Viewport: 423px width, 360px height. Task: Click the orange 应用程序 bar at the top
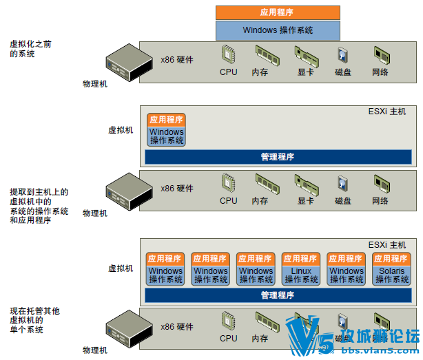[278, 12]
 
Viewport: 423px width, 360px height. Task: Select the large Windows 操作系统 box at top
[278, 30]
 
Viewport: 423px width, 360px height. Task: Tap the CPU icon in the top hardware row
[229, 54]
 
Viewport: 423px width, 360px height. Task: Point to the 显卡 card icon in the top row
[305, 54]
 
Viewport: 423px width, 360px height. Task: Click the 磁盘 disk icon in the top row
[343, 56]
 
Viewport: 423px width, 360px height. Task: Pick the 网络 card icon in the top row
[381, 55]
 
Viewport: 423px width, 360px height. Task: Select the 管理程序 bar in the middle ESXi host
[278, 157]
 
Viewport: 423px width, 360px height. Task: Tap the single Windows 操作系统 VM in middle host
[167, 136]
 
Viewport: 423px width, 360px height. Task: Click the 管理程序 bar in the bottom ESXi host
[278, 295]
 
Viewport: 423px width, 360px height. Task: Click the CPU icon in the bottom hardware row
[229, 321]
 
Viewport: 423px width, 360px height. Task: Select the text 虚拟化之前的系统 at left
[30, 48]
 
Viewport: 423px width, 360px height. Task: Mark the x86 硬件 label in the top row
[177, 59]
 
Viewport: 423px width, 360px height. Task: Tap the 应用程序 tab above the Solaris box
[392, 259]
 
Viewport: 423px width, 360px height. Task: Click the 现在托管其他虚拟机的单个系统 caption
[34, 321]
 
